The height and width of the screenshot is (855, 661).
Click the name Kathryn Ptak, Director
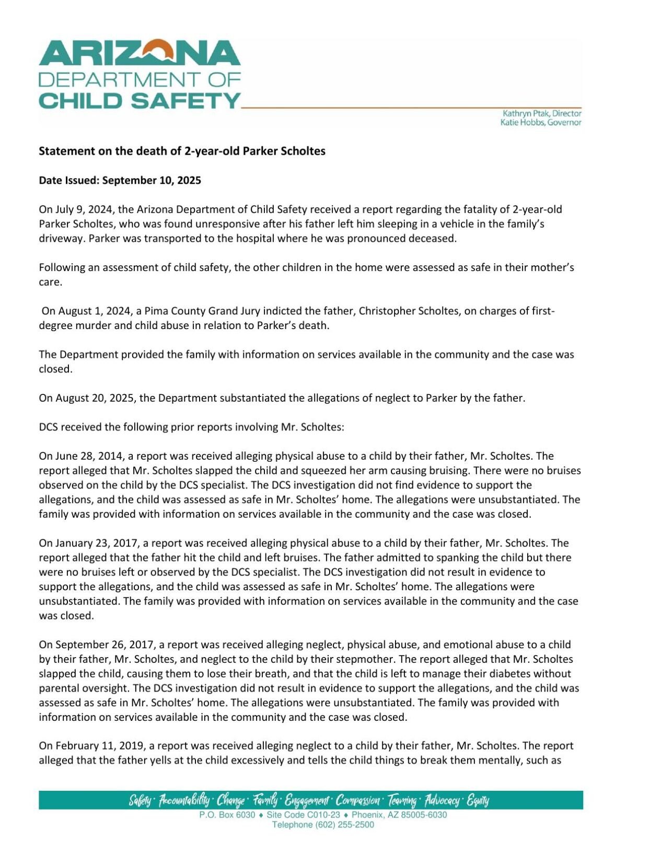pos(542,113)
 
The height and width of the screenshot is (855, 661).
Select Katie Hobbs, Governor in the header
pos(541,123)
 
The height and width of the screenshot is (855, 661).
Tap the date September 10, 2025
pos(152,181)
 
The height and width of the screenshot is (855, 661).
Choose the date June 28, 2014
pos(88,456)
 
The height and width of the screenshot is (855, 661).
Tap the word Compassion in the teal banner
pos(358,800)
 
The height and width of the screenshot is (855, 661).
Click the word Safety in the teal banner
pos(141,800)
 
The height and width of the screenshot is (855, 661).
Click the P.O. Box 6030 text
pos(227,815)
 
